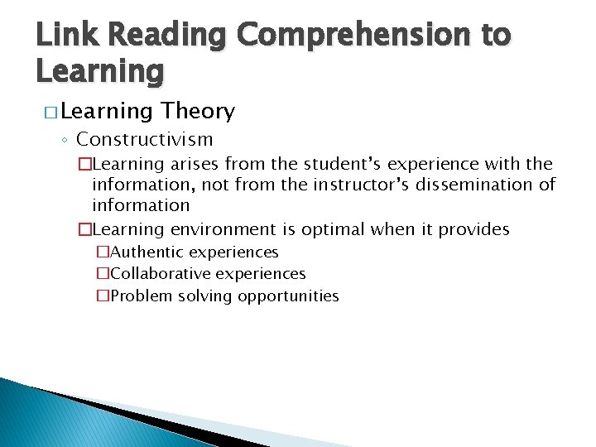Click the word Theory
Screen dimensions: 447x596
(199, 111)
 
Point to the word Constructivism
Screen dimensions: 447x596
(145, 139)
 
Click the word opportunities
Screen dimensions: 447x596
(288, 296)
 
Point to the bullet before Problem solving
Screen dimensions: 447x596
(103, 296)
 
